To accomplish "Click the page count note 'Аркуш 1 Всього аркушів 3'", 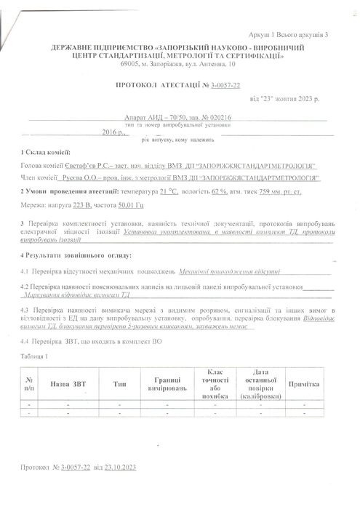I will (288, 34).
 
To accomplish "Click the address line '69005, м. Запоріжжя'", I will (179, 65).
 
